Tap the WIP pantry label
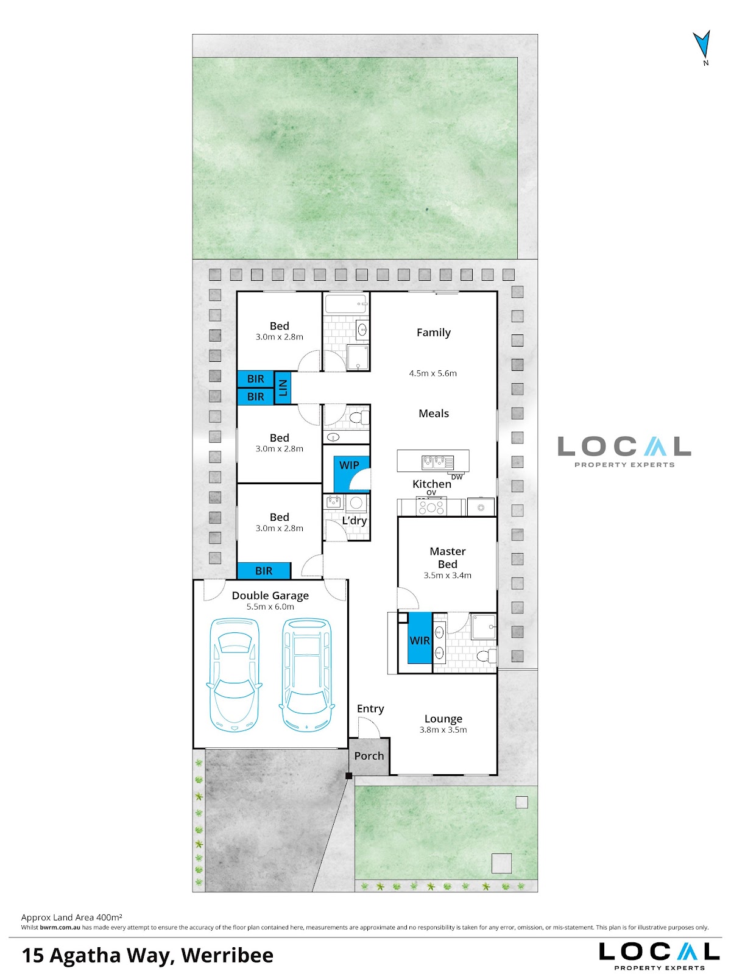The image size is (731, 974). point(349,465)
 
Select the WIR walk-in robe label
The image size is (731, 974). point(420,641)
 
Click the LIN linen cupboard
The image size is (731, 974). point(283,388)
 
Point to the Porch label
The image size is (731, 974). point(369,756)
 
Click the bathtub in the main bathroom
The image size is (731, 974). point(345,305)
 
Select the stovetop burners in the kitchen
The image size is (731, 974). point(431,507)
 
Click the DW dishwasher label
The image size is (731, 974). point(457,477)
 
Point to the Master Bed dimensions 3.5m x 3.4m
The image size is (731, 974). point(448,576)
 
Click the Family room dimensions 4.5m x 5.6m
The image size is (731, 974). point(433,373)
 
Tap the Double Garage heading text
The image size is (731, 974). point(270,596)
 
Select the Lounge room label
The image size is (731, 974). point(443,718)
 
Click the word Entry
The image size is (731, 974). point(370,708)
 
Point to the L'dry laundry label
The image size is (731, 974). point(355,520)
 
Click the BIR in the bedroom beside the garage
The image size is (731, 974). point(264,571)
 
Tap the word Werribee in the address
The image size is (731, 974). point(227,955)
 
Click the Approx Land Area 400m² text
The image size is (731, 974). point(71,917)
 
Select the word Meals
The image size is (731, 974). point(434,414)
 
